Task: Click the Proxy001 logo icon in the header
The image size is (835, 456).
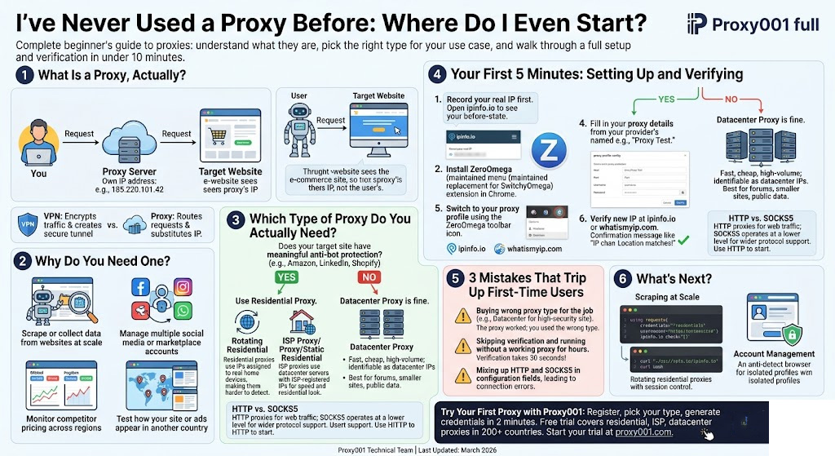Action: (696, 24)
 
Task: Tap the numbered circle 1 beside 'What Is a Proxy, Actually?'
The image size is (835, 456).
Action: (24, 76)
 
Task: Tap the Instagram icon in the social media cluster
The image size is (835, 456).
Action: (183, 286)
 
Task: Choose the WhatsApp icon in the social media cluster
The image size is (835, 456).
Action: (183, 310)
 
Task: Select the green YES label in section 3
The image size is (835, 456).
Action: (285, 277)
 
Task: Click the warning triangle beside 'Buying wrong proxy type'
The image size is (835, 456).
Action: (461, 314)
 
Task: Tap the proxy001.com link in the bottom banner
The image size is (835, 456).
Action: (643, 432)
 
